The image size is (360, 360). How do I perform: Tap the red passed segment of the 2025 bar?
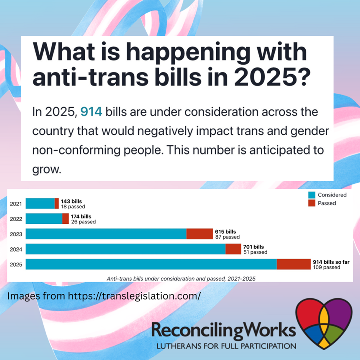[x=293, y=264]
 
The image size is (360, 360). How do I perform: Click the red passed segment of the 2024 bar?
[x=233, y=249]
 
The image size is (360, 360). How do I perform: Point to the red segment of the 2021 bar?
[x=57, y=203]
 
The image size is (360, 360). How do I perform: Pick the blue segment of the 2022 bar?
[x=44, y=218]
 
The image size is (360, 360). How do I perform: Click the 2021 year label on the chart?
[x=16, y=204]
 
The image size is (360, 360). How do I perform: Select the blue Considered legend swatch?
[x=312, y=195]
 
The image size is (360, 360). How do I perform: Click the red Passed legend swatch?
[x=312, y=203]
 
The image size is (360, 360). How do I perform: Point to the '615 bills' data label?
[x=225, y=231]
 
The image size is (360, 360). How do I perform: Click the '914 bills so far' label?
[x=331, y=262]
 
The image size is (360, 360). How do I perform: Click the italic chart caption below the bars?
[x=182, y=278]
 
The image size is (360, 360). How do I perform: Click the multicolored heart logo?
[x=324, y=323]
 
